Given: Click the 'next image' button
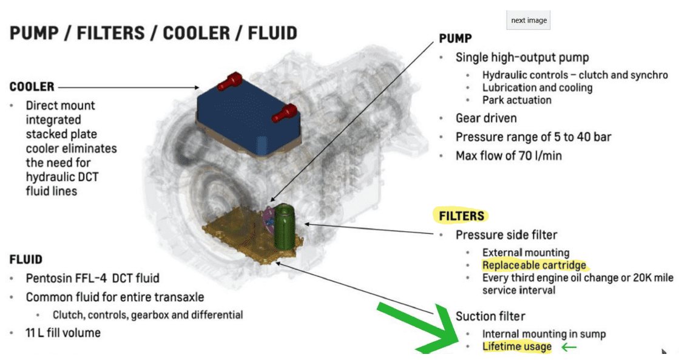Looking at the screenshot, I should click(529, 20).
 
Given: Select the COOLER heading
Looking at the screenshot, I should click(32, 87).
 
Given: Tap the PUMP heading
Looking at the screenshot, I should click(455, 39).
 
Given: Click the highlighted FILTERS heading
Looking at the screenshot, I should click(462, 216).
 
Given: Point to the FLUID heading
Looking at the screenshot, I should click(26, 260).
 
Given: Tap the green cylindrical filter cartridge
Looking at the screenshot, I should click(283, 225).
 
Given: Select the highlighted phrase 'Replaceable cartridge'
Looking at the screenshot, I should click(534, 265).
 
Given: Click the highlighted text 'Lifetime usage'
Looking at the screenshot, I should click(517, 347).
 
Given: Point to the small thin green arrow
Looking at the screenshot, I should click(569, 347).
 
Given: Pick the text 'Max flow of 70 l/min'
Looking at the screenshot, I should click(508, 155).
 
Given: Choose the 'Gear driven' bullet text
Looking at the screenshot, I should click(486, 118).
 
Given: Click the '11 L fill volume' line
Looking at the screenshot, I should click(63, 333).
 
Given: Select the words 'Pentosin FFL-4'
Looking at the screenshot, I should click(63, 279).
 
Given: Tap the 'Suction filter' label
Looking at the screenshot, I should click(490, 316).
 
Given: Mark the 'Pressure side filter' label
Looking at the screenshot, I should click(506, 234).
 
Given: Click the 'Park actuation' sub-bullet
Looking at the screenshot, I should click(516, 100).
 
